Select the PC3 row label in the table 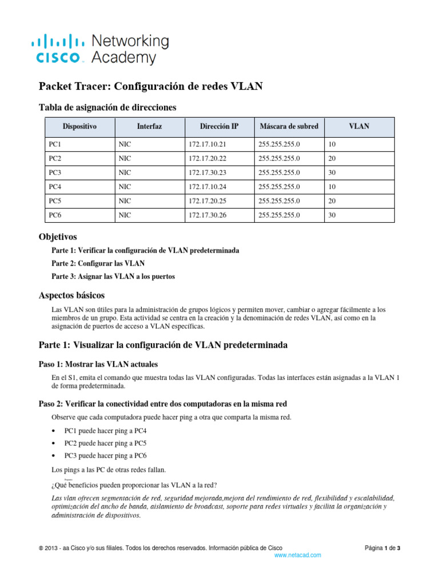(x=55, y=173)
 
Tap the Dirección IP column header (x=219, y=126)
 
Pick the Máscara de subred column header (x=289, y=126)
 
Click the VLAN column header (x=359, y=126)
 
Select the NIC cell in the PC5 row (x=125, y=201)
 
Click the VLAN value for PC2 (x=332, y=158)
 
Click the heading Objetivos (x=57, y=237)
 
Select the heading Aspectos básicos (x=71, y=295)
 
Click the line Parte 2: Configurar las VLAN (x=98, y=263)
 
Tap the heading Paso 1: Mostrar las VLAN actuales (x=98, y=364)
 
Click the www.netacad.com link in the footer (x=298, y=555)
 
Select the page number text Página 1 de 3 (x=382, y=548)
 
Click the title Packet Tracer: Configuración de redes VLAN (x=150, y=86)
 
